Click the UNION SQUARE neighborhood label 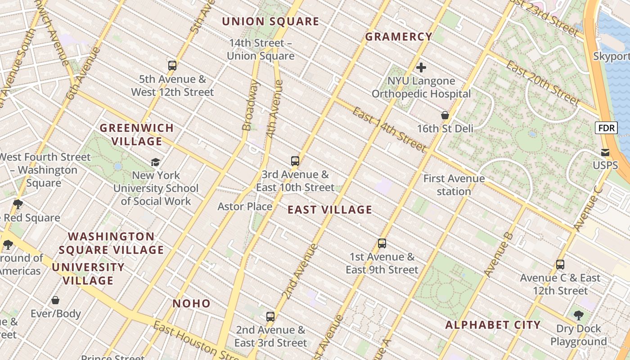pyautogui.click(x=270, y=22)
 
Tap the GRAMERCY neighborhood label pyautogui.click(x=399, y=37)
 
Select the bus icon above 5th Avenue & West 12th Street pyautogui.click(x=172, y=66)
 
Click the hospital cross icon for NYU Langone pyautogui.click(x=421, y=68)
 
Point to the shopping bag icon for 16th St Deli pyautogui.click(x=445, y=116)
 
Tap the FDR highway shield pyautogui.click(x=606, y=128)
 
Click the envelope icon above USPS pyautogui.click(x=605, y=153)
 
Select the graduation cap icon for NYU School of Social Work pyautogui.click(x=155, y=162)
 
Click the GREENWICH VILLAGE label pyautogui.click(x=137, y=135)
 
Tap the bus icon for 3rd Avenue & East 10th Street pyautogui.click(x=295, y=161)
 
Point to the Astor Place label pyautogui.click(x=245, y=207)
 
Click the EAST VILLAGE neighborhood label pyautogui.click(x=330, y=210)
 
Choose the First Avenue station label pyautogui.click(x=454, y=185)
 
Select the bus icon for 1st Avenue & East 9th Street pyautogui.click(x=382, y=243)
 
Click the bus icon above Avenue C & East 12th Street pyautogui.click(x=560, y=265)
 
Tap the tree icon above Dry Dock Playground pyautogui.click(x=579, y=315)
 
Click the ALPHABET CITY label pyautogui.click(x=493, y=325)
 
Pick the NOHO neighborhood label pyautogui.click(x=192, y=304)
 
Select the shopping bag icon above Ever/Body pyautogui.click(x=56, y=300)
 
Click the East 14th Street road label pyautogui.click(x=389, y=130)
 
